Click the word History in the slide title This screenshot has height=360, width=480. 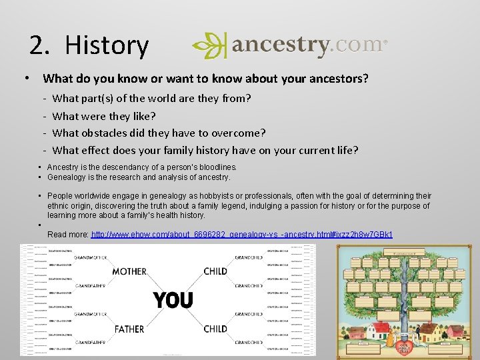[107, 45]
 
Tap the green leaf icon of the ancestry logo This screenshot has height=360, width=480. [209, 45]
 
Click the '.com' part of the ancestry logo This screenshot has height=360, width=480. [357, 45]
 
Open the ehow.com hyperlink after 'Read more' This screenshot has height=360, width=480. [241, 235]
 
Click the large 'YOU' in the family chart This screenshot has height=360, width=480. [173, 300]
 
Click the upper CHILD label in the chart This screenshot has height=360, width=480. [215, 271]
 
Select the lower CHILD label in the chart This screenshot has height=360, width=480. [215, 329]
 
